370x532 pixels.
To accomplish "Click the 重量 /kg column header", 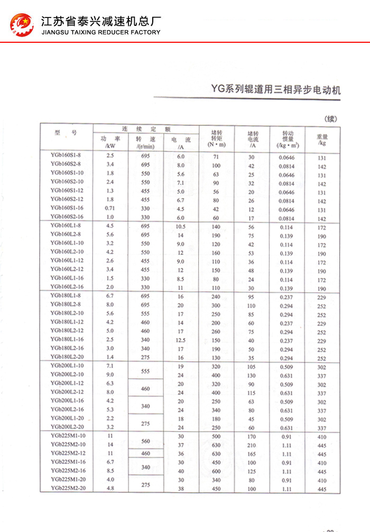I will click(x=322, y=139).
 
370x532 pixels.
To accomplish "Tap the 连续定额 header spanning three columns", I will click(x=146, y=129).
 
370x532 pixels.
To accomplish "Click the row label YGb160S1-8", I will click(x=66, y=154).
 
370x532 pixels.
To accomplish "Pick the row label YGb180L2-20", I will click(x=66, y=357).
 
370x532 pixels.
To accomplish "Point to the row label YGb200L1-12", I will click(x=66, y=382).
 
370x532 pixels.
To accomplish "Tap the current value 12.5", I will click(x=181, y=340).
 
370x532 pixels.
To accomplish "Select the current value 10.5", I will click(x=181, y=226).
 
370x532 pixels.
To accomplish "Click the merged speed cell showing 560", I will click(x=146, y=441).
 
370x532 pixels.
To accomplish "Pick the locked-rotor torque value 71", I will click(x=216, y=157).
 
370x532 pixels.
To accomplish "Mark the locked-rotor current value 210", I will click(x=251, y=445).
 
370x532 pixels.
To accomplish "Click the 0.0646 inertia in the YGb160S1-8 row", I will click(x=287, y=157).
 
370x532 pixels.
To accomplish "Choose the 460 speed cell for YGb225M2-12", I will click(x=146, y=453).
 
